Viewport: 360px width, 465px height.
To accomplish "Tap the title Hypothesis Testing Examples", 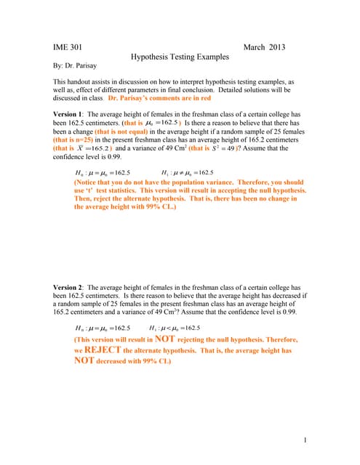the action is pos(180,57).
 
